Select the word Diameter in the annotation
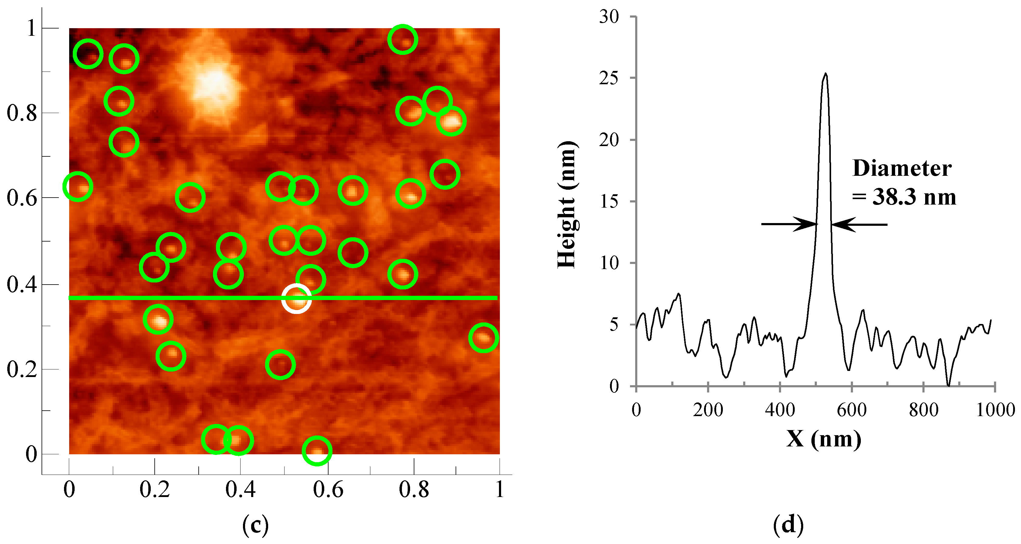click(902, 169)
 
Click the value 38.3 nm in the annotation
click(914, 197)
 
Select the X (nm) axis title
click(824, 439)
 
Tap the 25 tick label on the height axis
click(609, 78)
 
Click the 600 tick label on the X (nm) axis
click(851, 410)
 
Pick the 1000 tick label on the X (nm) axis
click(995, 410)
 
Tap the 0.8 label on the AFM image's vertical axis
click(22, 113)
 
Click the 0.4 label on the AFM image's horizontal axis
click(240, 489)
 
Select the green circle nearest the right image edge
click(483, 337)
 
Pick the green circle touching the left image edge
click(78, 186)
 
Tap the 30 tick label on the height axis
click(609, 17)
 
